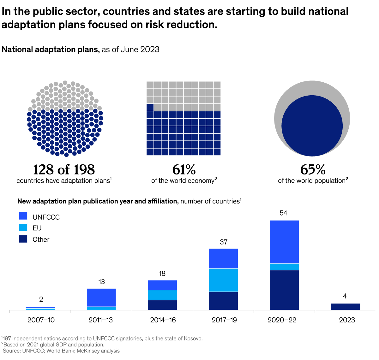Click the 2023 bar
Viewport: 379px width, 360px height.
[x=345, y=307]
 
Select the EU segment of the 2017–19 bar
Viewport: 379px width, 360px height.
[x=223, y=280]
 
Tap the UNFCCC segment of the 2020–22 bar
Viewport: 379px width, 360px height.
[x=284, y=242]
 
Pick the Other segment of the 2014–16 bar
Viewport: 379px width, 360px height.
[x=162, y=305]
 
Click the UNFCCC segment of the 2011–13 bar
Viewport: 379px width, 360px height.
[x=101, y=297]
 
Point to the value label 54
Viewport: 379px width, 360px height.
[x=283, y=213]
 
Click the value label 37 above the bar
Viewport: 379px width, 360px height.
[x=224, y=242]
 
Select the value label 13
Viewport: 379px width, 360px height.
[x=101, y=282]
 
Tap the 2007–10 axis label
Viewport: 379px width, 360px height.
[x=41, y=320]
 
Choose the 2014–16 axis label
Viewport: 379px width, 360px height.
[x=163, y=320]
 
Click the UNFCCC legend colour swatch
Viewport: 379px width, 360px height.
[x=23, y=216]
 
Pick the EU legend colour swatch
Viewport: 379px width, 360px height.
[x=23, y=227]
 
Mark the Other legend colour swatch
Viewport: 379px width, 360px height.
[x=23, y=239]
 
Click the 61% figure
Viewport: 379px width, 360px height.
[x=184, y=170]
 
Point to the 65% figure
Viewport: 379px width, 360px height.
[x=313, y=170]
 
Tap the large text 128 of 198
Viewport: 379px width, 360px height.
[x=64, y=170]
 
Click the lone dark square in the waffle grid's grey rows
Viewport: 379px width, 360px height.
[x=150, y=107]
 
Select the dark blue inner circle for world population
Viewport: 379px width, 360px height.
[x=312, y=126]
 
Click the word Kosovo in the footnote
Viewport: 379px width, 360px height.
[x=192, y=339]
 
